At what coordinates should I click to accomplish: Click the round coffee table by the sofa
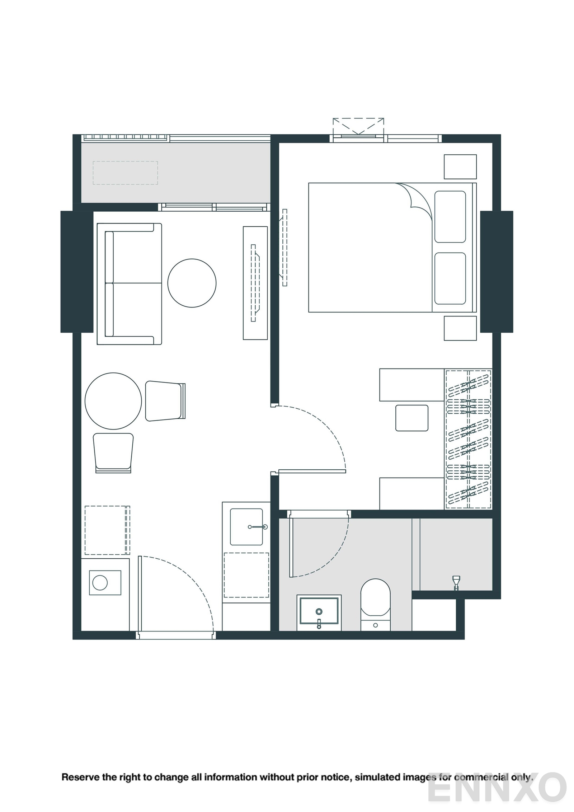(192, 283)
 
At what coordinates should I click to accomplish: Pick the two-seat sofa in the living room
(129, 284)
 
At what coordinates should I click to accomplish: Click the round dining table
(113, 401)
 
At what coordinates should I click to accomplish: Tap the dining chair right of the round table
(165, 401)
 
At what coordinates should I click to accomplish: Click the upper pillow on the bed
(450, 217)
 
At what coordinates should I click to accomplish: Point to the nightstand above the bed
(460, 166)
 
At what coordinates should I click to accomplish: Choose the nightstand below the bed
(460, 328)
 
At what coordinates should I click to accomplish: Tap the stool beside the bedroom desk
(411, 418)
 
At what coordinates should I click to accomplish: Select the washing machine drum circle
(100, 582)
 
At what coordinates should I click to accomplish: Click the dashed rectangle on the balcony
(125, 173)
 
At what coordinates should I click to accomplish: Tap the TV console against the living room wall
(255, 283)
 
